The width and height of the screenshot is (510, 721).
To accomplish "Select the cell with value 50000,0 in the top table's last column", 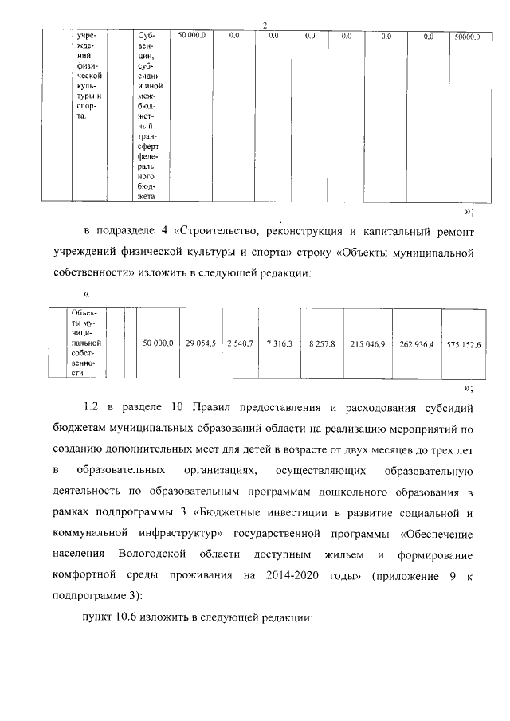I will click(x=466, y=37).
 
